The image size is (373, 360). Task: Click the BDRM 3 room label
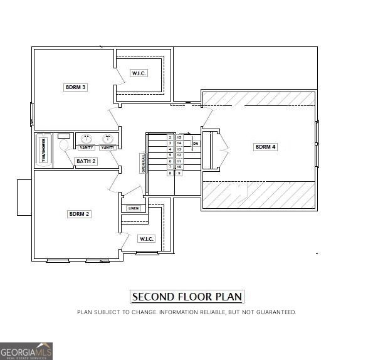(x=75, y=87)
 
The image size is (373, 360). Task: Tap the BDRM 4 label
(x=265, y=147)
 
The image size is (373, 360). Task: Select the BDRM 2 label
(x=79, y=214)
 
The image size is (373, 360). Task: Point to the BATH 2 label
(x=86, y=161)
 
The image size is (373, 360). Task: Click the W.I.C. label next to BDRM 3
(x=139, y=73)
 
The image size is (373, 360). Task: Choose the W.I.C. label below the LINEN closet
(x=146, y=239)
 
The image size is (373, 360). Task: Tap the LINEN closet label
(x=133, y=208)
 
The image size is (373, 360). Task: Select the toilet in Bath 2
(x=64, y=144)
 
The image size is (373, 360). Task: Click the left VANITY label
(x=87, y=147)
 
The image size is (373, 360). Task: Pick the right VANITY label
(x=108, y=147)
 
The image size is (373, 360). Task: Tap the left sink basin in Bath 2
(x=87, y=139)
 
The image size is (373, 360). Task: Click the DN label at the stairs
(x=196, y=144)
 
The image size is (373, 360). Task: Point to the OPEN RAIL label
(x=143, y=163)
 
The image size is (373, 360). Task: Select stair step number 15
(x=179, y=137)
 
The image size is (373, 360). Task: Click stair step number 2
(x=170, y=137)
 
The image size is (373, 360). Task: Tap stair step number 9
(x=179, y=172)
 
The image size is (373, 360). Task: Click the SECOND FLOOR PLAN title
(x=187, y=297)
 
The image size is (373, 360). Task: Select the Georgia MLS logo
(x=26, y=351)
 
